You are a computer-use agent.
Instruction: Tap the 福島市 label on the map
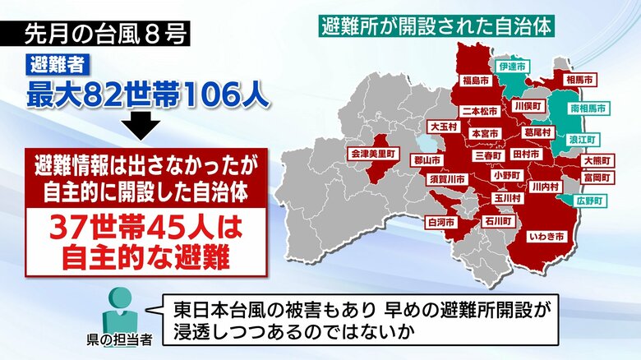click(477, 81)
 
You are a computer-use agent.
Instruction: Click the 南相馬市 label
click(588, 108)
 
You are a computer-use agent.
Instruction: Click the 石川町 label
click(497, 221)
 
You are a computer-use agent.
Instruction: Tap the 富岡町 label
click(597, 177)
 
